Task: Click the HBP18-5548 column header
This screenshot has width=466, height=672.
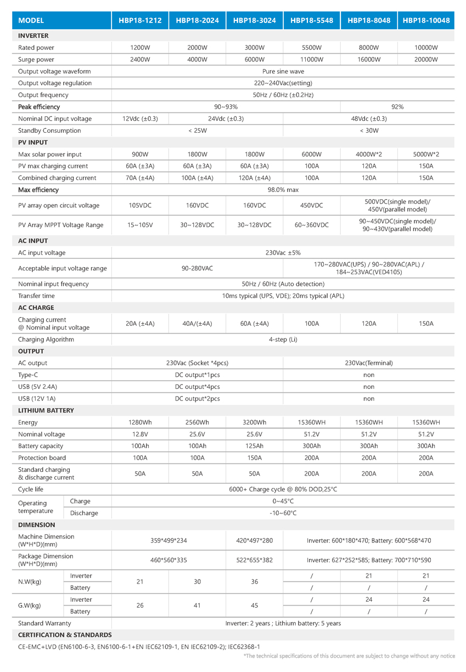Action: click(311, 20)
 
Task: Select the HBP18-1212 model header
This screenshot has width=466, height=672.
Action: click(140, 20)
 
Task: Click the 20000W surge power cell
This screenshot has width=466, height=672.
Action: click(426, 59)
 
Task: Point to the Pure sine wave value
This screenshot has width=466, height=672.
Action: click(283, 71)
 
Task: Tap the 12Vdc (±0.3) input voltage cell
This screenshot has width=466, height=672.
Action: click(140, 118)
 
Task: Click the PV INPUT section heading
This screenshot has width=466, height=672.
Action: click(33, 143)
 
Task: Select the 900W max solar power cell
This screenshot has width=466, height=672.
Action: click(140, 154)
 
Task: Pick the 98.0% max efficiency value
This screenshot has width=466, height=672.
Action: click(283, 190)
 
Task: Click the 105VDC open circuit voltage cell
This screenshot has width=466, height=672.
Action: click(140, 206)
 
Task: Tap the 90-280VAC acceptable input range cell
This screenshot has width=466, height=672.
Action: click(197, 268)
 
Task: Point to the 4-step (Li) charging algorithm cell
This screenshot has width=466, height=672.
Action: click(283, 340)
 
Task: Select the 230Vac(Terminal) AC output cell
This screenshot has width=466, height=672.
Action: click(368, 363)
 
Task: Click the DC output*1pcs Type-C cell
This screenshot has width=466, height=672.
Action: click(197, 375)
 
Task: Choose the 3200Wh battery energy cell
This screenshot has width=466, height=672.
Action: click(254, 422)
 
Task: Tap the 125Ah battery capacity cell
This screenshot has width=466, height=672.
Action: click(254, 446)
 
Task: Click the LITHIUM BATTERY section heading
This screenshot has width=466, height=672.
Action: click(46, 410)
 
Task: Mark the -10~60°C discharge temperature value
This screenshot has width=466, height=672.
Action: click(283, 513)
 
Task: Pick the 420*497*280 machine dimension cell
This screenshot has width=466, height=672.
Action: click(254, 540)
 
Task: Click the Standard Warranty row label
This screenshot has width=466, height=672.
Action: click(44, 623)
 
